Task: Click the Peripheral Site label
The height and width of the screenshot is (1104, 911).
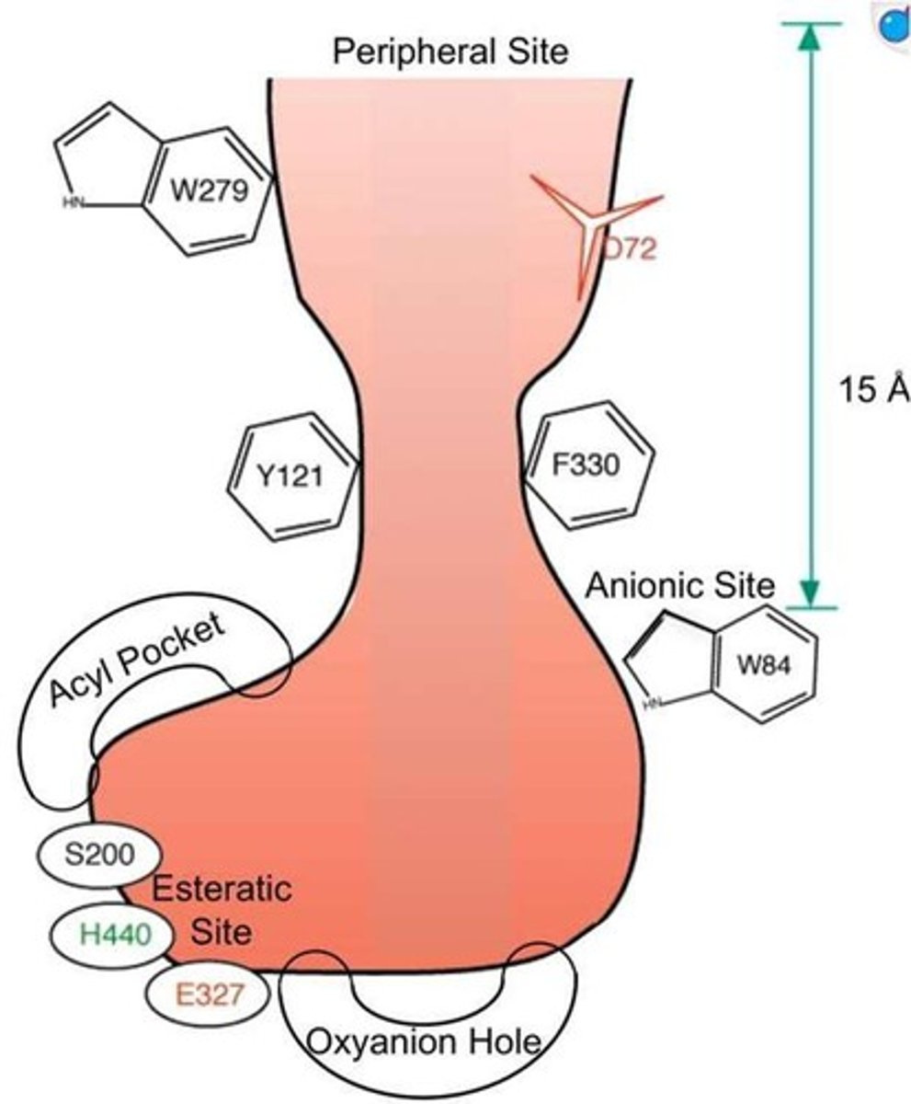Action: pyautogui.click(x=450, y=52)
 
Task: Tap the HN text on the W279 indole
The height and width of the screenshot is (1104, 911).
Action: pyautogui.click(x=72, y=204)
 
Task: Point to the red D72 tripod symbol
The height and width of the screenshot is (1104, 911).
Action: pyautogui.click(x=598, y=224)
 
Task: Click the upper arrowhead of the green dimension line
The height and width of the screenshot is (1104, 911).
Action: pyautogui.click(x=808, y=37)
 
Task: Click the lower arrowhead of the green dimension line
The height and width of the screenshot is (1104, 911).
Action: pyautogui.click(x=808, y=593)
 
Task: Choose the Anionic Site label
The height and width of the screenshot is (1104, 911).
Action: pyautogui.click(x=681, y=584)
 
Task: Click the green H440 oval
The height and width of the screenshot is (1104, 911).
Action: pyautogui.click(x=113, y=934)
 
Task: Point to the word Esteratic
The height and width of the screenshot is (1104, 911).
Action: pyautogui.click(x=222, y=890)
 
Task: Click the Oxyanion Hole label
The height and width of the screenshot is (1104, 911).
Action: pyautogui.click(x=422, y=1042)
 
